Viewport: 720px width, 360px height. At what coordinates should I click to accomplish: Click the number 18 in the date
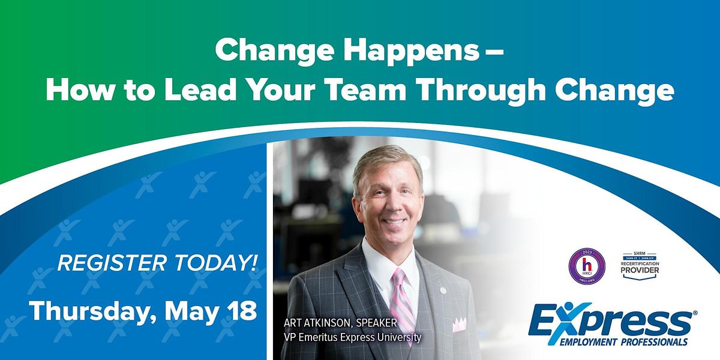pos(241,311)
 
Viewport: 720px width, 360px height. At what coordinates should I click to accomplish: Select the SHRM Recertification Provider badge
pos(641,265)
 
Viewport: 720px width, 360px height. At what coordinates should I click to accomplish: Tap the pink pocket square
pos(459,325)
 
